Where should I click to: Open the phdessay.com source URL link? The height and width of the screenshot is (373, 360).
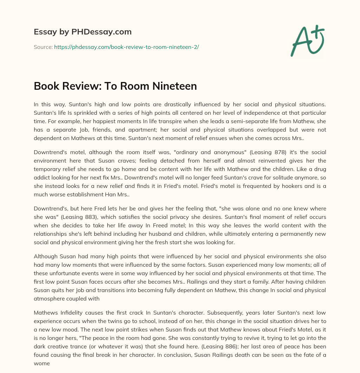[127, 47]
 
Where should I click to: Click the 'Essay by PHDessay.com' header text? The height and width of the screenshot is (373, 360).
[83, 32]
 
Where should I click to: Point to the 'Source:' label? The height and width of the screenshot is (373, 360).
[43, 47]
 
